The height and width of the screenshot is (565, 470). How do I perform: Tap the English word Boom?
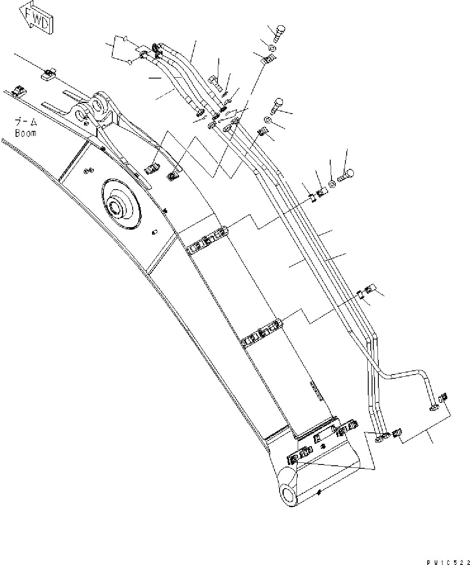click(x=26, y=133)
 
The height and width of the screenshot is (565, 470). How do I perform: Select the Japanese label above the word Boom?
click(x=26, y=123)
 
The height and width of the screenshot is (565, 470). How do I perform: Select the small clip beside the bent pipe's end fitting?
click(x=443, y=398)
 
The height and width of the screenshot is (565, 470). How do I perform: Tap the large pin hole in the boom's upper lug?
click(x=98, y=102)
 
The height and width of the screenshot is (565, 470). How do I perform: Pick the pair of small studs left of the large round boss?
click(x=88, y=170)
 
